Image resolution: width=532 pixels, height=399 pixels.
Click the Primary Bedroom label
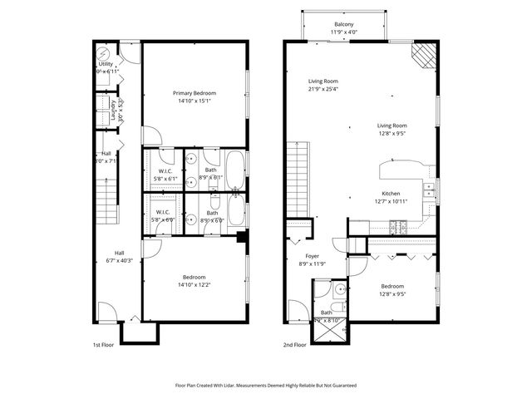[195, 92]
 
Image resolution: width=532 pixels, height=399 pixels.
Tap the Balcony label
[343, 24]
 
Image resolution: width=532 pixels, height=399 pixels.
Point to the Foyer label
[313, 256]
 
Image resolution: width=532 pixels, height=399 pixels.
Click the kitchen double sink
[429, 192]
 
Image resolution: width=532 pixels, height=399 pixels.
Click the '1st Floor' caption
[103, 344]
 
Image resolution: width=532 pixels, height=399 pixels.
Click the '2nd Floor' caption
[295, 344]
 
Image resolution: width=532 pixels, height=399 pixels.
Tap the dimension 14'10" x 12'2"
[195, 285]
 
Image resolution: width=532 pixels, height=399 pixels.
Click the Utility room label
[106, 64]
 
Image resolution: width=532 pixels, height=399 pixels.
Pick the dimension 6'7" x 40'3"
[119, 260]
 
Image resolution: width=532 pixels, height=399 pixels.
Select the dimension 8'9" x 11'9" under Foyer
[313, 264]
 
